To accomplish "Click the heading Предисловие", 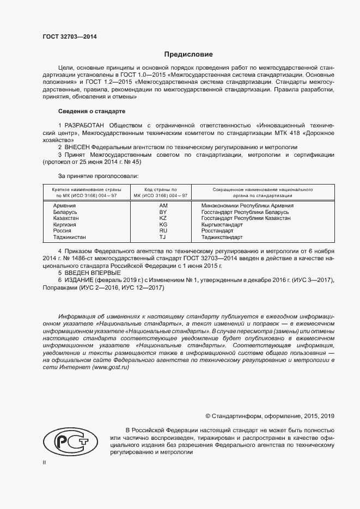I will click(188, 54).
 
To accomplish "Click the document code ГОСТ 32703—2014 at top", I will click(70, 38).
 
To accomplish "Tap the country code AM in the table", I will click(163, 206).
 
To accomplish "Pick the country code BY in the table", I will click(163, 212).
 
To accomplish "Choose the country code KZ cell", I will click(163, 218).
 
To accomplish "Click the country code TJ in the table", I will click(163, 237).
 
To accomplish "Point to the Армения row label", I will click(64, 206).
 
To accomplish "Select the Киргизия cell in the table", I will click(65, 225).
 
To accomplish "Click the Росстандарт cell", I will click(218, 231).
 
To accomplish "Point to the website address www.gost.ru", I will click(111, 368).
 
